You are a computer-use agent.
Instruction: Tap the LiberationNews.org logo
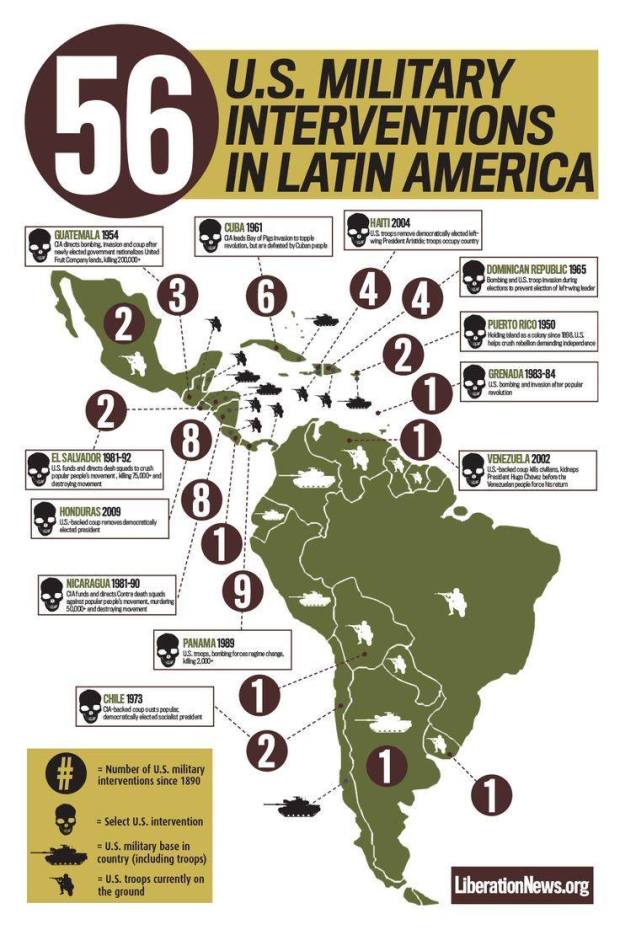pyautogui.click(x=520, y=885)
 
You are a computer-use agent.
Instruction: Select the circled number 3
pyautogui.click(x=177, y=296)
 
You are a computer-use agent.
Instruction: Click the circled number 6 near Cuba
pyautogui.click(x=264, y=297)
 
